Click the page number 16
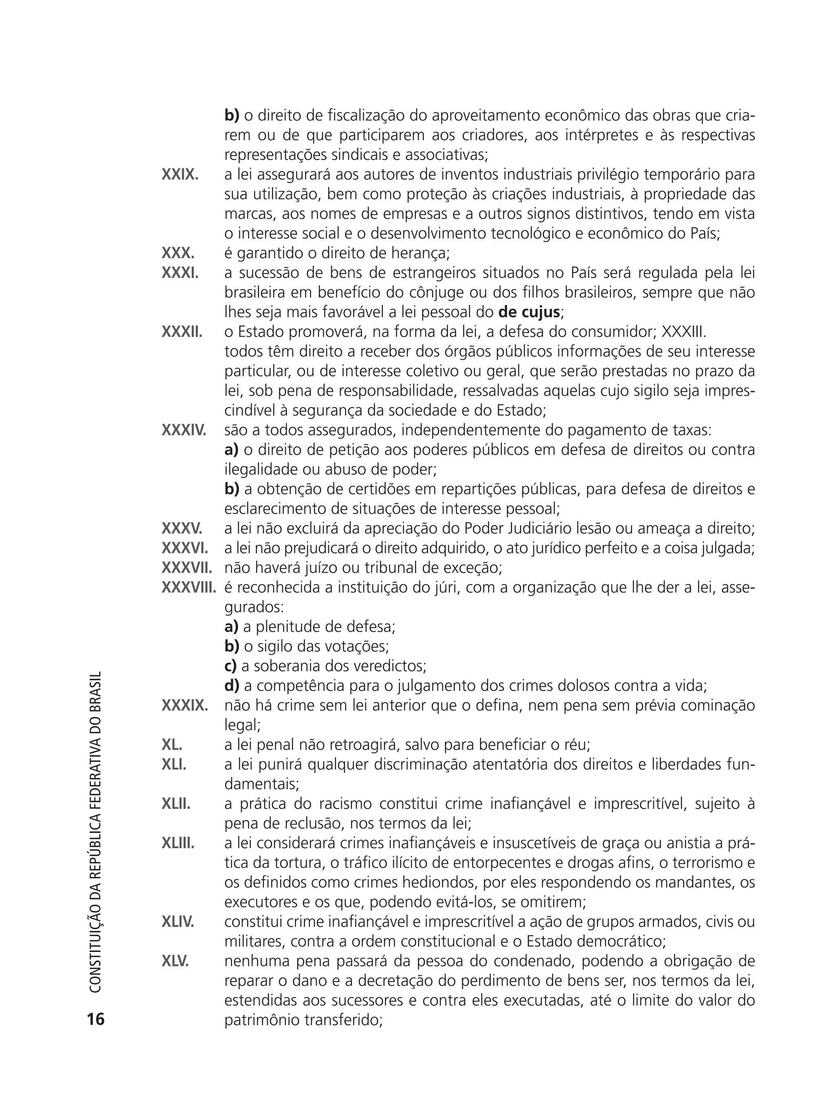point(96,1019)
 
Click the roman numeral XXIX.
point(180,175)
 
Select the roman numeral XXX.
point(178,253)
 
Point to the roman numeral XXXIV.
point(184,430)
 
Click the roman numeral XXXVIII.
point(189,587)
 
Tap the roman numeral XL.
point(172,745)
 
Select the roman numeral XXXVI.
point(185,548)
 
